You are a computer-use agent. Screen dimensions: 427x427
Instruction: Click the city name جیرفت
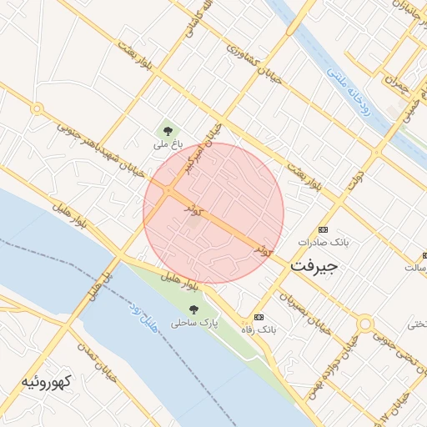(x=314, y=266)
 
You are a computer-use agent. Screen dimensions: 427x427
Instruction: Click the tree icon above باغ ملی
(x=168, y=130)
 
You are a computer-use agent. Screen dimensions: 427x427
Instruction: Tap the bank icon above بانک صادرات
(x=323, y=229)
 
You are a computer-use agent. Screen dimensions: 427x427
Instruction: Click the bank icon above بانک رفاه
(x=259, y=317)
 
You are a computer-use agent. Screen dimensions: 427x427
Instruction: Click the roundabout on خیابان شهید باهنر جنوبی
(x=36, y=108)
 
